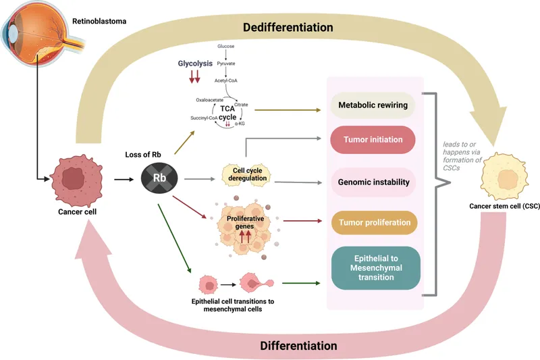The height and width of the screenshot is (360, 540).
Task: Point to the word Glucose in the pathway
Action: click(x=225, y=46)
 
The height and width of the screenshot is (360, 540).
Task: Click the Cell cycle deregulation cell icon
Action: click(x=245, y=174)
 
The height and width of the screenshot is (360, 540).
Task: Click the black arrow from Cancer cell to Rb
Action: click(x=124, y=180)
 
